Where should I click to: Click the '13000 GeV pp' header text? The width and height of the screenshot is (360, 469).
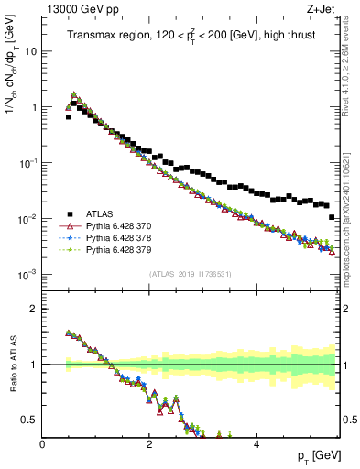click(80, 9)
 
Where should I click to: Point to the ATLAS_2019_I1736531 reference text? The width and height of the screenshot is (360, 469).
click(190, 273)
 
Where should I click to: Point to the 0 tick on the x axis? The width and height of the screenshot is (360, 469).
click(42, 445)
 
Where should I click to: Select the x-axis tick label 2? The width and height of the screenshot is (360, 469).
click(149, 445)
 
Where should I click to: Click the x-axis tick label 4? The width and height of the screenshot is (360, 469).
click(256, 445)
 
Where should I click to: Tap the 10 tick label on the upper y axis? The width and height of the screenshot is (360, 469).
click(29, 51)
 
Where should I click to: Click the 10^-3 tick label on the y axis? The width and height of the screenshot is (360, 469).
click(27, 275)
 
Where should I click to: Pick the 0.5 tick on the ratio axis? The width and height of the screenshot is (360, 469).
click(29, 420)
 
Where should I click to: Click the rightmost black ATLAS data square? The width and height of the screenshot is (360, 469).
click(332, 217)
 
